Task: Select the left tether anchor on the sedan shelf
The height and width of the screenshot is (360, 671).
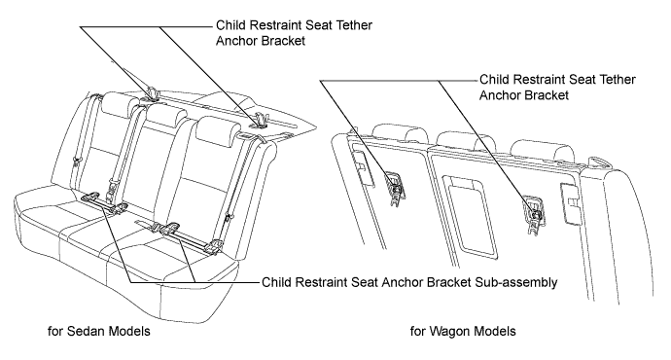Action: (153, 93)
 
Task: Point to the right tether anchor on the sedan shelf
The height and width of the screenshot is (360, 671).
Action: (261, 121)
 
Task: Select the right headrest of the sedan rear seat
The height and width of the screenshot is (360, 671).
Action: (218, 128)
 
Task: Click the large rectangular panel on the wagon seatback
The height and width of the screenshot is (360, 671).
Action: (469, 213)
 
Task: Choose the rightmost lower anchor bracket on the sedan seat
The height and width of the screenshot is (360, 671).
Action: (214, 246)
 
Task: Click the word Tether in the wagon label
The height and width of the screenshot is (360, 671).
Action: (618, 80)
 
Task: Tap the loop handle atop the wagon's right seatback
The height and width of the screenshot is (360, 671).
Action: (599, 161)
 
